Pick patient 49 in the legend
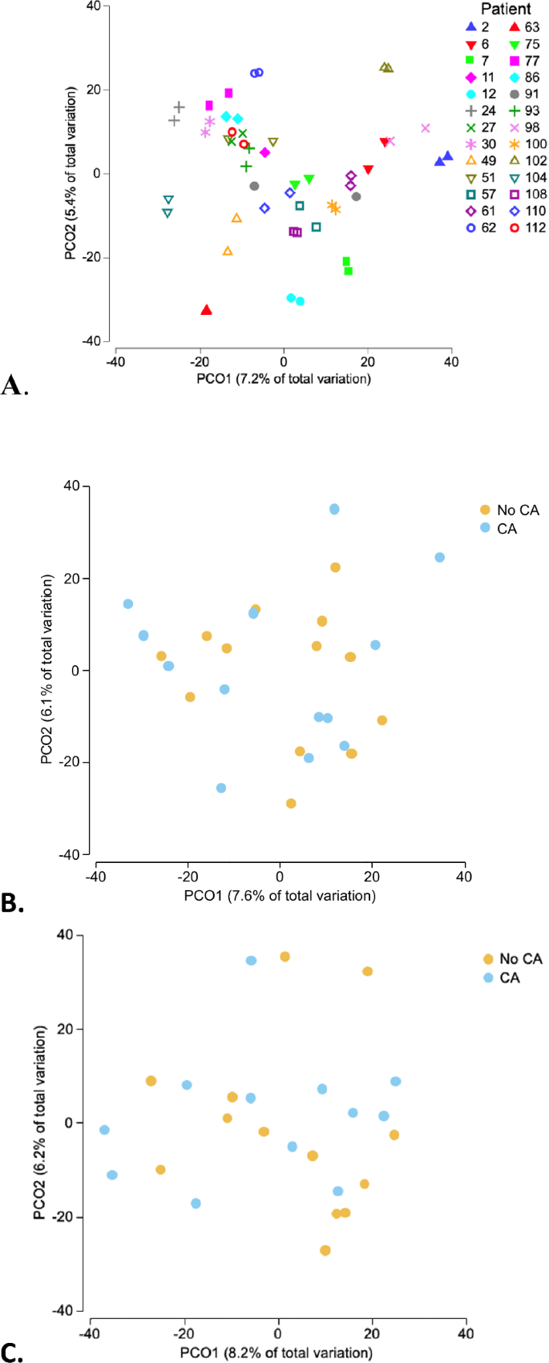click(x=480, y=161)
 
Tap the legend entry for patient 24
click(x=480, y=111)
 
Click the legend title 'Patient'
click(x=506, y=10)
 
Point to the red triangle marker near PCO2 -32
click(x=207, y=310)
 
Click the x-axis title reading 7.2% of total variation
click(x=284, y=378)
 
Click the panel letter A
click(x=12, y=386)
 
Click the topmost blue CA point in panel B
click(x=334, y=509)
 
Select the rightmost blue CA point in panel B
click(x=439, y=558)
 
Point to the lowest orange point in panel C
click(x=325, y=1250)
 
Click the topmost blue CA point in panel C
click(x=251, y=960)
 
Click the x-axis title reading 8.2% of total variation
click(x=276, y=1353)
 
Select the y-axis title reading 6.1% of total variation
click(x=47, y=670)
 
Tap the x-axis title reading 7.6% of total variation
click(x=280, y=895)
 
